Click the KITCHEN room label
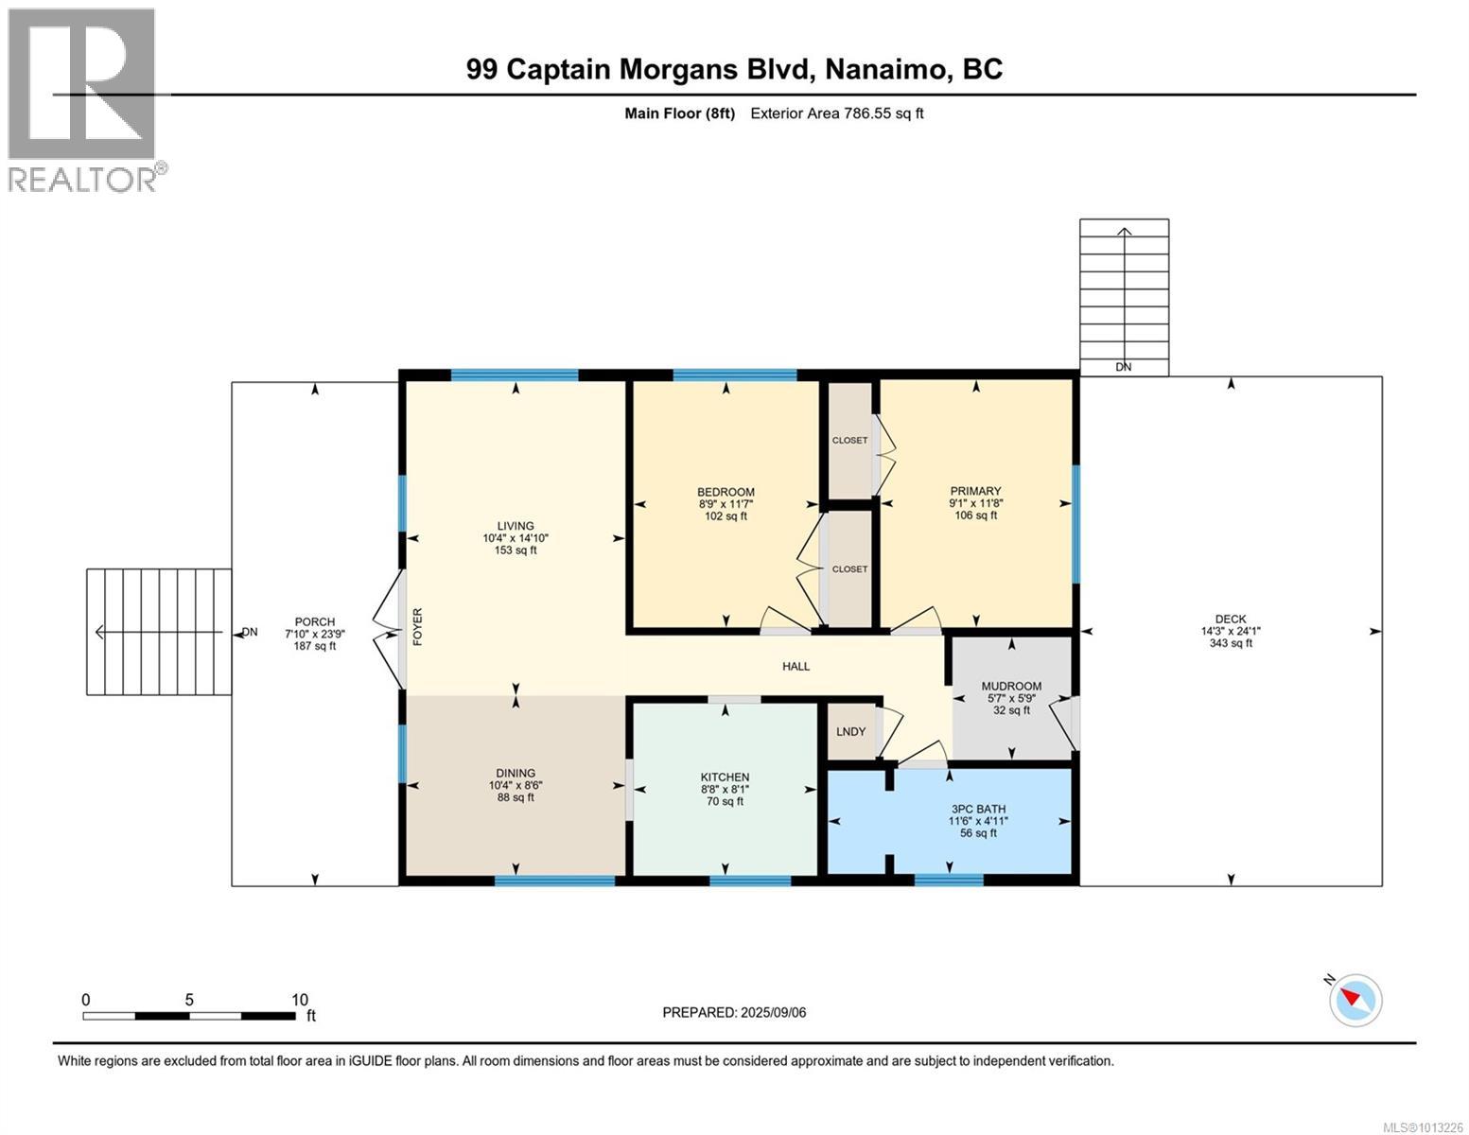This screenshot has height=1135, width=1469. [x=725, y=777]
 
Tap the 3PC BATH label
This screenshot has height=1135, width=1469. [x=978, y=809]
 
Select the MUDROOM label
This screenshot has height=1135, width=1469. [x=1011, y=686]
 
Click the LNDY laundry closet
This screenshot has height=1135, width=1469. [x=850, y=731]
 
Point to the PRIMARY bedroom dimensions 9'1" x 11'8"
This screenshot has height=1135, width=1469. [x=975, y=503]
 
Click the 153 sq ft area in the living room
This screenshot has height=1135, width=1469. [x=516, y=550]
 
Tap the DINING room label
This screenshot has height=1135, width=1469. [x=516, y=773]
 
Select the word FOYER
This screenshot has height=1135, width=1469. [x=417, y=627]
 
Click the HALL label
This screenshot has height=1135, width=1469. [x=796, y=666]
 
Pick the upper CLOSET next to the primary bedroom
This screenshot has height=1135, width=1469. [x=849, y=440]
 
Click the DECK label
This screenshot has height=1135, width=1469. [x=1230, y=620]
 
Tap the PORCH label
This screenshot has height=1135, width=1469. [x=314, y=621]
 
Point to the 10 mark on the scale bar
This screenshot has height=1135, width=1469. [x=299, y=1000]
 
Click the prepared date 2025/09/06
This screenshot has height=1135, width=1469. [x=771, y=1012]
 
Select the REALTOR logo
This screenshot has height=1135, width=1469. [x=82, y=99]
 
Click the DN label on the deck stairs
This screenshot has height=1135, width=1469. [x=1123, y=367]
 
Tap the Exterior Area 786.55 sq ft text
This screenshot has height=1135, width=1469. [x=836, y=113]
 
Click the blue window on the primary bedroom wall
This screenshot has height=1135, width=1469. [x=1076, y=523]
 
